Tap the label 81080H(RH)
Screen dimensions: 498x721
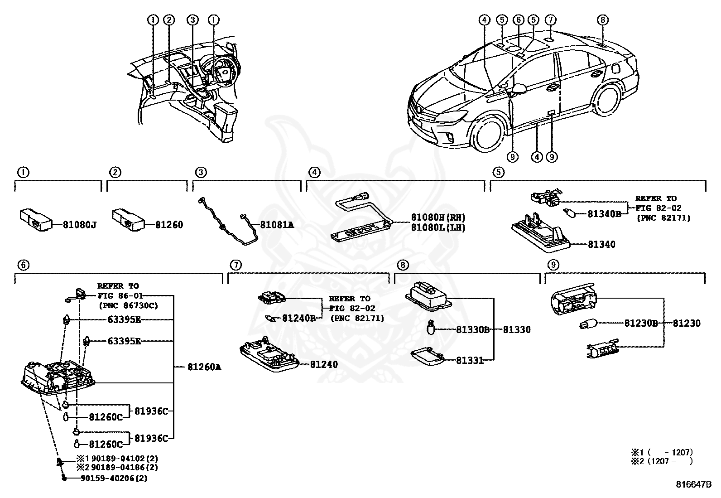438,218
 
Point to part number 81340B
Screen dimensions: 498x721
604,213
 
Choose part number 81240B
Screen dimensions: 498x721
299,318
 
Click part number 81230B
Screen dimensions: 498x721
641,323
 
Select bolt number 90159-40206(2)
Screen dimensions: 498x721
114,478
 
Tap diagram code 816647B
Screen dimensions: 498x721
694,484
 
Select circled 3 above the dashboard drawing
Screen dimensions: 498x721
193,19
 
